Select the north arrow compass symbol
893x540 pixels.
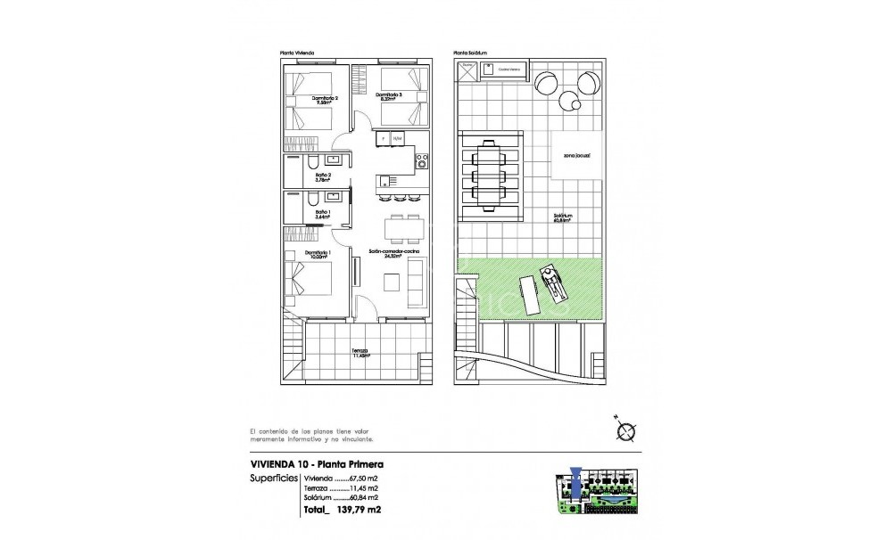click(624, 431)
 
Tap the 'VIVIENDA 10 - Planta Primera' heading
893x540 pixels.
click(318, 464)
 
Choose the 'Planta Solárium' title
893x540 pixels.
click(471, 53)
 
